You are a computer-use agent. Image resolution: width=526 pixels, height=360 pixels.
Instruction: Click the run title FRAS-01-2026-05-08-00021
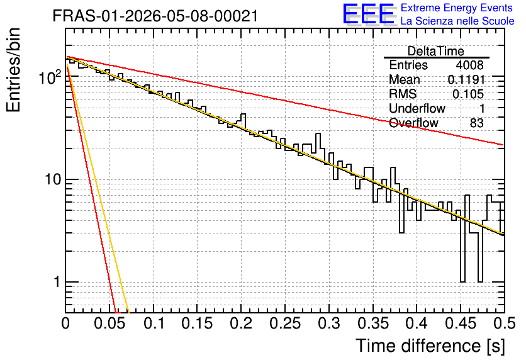click(x=155, y=16)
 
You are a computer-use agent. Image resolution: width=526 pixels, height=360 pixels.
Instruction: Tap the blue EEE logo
click(x=368, y=14)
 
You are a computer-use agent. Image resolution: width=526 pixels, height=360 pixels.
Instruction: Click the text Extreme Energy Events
click(x=457, y=8)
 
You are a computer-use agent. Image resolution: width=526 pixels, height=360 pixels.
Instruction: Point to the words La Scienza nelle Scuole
click(x=457, y=21)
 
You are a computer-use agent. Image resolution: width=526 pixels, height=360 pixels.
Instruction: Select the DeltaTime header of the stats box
click(x=436, y=51)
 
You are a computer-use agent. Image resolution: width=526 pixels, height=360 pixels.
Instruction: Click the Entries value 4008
click(x=469, y=65)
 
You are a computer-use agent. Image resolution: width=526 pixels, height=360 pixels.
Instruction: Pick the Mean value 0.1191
click(x=466, y=79)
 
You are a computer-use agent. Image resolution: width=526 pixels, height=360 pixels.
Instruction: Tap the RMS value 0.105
click(x=468, y=94)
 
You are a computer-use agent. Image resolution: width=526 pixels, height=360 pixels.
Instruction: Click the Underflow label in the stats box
click(x=417, y=108)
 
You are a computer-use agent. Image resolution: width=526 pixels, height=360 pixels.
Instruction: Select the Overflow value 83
click(x=477, y=123)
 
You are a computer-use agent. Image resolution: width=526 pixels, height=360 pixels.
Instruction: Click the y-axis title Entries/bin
click(x=13, y=70)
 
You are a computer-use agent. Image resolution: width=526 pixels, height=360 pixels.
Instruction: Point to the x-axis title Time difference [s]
click(x=430, y=346)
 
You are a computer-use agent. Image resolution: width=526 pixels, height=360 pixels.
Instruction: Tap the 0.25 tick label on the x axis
click(x=285, y=323)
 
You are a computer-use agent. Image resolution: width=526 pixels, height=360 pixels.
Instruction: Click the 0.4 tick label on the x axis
click(x=417, y=323)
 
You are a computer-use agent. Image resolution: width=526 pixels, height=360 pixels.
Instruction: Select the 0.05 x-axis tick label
click(x=109, y=323)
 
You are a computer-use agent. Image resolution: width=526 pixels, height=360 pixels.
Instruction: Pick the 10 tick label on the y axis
click(x=53, y=180)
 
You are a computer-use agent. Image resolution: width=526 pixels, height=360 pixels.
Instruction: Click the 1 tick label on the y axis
click(x=57, y=282)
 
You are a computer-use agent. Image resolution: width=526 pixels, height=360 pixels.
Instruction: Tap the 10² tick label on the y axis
click(x=50, y=77)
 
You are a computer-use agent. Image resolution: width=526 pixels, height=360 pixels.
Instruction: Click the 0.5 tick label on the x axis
click(x=504, y=323)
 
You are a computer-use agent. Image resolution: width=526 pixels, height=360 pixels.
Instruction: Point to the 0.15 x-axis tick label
click(x=198, y=323)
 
